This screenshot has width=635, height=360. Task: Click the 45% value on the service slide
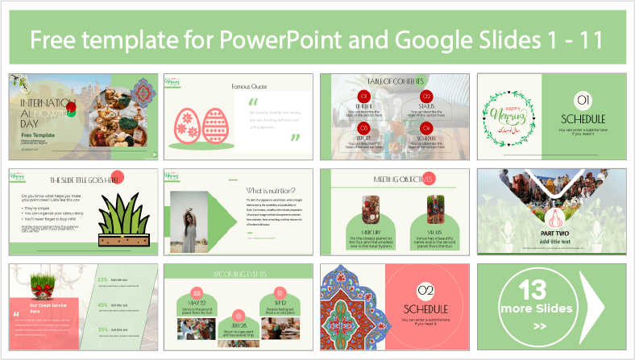point(103,305)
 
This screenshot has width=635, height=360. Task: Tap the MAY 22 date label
point(197,292)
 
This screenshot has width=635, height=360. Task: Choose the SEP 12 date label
point(274,292)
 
